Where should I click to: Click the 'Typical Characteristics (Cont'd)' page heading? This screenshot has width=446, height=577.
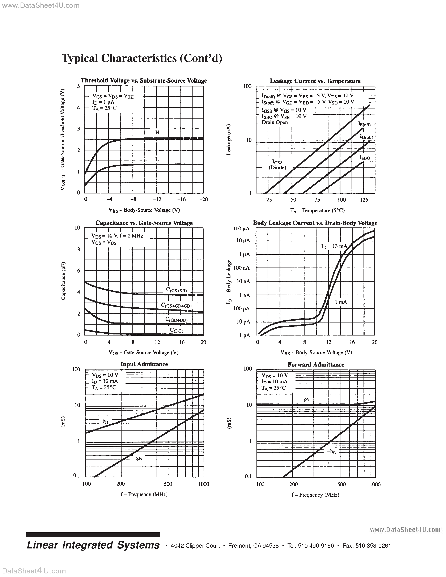coord(142,58)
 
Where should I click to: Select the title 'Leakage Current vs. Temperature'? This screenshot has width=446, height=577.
coord(315,81)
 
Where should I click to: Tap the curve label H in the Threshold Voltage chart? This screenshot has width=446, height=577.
coord(157,133)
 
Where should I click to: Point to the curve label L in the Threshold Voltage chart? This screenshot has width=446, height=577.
coord(157,159)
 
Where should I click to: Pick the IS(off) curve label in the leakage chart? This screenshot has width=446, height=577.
coord(364,124)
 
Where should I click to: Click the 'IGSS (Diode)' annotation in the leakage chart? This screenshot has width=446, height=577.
coord(277,165)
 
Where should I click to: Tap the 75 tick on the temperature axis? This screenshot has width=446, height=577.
coord(317,200)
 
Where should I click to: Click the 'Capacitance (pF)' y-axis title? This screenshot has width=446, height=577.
coord(63,281)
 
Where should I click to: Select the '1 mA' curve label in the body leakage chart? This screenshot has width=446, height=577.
coord(341,302)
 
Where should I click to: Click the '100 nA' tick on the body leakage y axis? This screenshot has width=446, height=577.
coord(241,268)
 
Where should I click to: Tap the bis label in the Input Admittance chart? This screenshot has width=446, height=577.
coord(105,421)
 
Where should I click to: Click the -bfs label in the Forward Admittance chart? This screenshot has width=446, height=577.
coord(332,452)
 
